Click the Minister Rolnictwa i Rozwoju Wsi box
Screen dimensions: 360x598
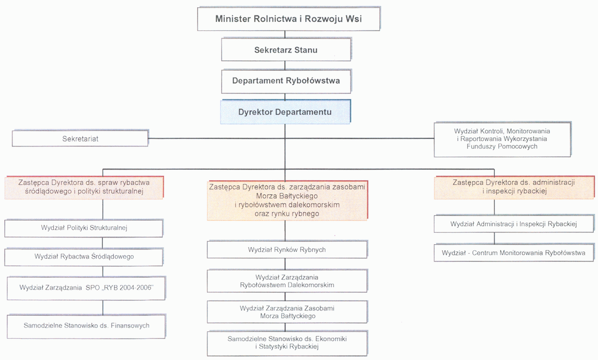(288, 19)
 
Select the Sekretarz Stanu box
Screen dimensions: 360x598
(286, 50)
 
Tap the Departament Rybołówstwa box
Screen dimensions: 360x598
(286, 81)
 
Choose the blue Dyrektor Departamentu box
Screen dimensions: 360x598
(285, 112)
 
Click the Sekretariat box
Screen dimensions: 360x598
(80, 138)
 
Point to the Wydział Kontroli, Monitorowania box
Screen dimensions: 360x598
(502, 139)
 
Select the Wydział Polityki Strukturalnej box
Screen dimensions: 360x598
(84, 228)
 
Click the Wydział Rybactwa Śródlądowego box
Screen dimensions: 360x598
(84, 257)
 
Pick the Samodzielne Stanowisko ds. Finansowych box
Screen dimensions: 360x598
(86, 326)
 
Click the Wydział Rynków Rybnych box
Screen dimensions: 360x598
(287, 250)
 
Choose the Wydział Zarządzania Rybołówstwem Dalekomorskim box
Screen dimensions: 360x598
(287, 281)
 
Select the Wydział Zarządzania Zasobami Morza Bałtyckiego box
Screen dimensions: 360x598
(287, 312)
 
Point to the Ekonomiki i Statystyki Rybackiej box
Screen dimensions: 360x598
(287, 343)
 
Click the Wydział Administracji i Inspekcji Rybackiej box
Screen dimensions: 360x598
(514, 224)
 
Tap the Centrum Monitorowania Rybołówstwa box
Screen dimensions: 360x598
(514, 253)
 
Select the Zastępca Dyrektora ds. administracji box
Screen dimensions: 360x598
(514, 187)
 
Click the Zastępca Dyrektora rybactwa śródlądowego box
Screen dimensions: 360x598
(84, 187)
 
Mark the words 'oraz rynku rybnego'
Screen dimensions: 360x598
(287, 214)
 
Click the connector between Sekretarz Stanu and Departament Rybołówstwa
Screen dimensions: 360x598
(285, 65)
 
